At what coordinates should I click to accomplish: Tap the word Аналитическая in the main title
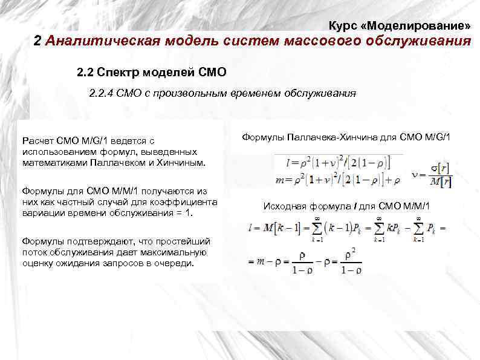tap(102, 42)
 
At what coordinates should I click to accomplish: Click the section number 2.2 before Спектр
tap(86, 73)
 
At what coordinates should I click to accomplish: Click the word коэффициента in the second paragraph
tap(191, 201)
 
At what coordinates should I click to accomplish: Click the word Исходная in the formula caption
tap(281, 206)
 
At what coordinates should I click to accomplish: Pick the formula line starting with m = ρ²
tap(339, 179)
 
